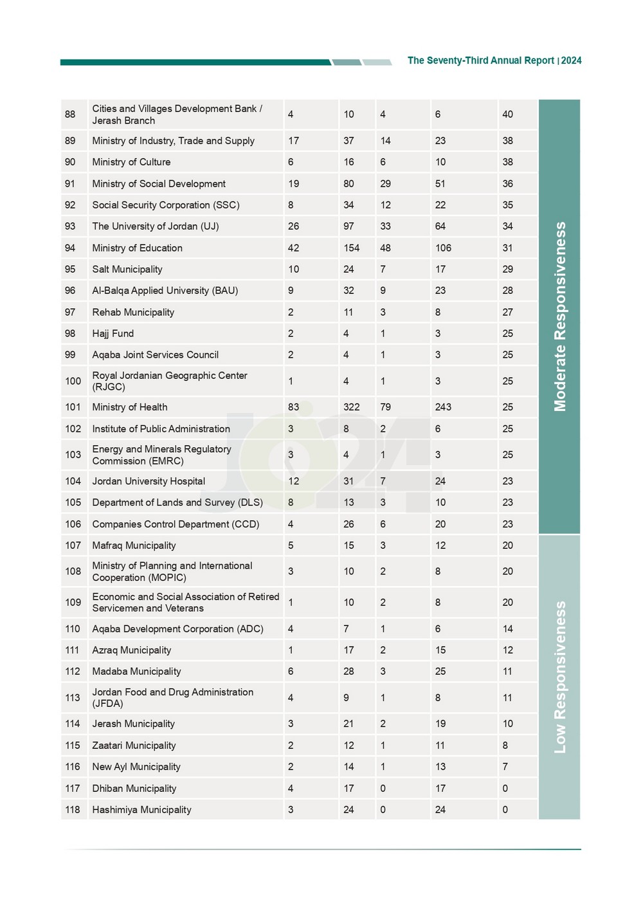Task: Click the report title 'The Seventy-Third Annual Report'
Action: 480,60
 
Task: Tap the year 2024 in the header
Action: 571,60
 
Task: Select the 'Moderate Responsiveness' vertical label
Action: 560,317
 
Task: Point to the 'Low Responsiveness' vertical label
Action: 560,677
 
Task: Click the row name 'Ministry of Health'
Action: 129,407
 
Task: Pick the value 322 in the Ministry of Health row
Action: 351,407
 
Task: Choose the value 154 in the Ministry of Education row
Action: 351,248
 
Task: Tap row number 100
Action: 73,381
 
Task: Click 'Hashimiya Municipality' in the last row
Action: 141,809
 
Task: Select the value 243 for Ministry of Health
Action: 443,407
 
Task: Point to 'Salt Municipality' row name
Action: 127,269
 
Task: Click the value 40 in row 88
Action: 507,115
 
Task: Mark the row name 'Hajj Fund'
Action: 113,333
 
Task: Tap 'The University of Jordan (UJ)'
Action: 155,226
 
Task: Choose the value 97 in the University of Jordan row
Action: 349,226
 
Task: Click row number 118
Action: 73,809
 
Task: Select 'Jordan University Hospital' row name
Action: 149,481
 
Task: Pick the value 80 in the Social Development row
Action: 349,183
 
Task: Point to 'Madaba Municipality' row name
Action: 136,671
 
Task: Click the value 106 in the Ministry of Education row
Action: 443,248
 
